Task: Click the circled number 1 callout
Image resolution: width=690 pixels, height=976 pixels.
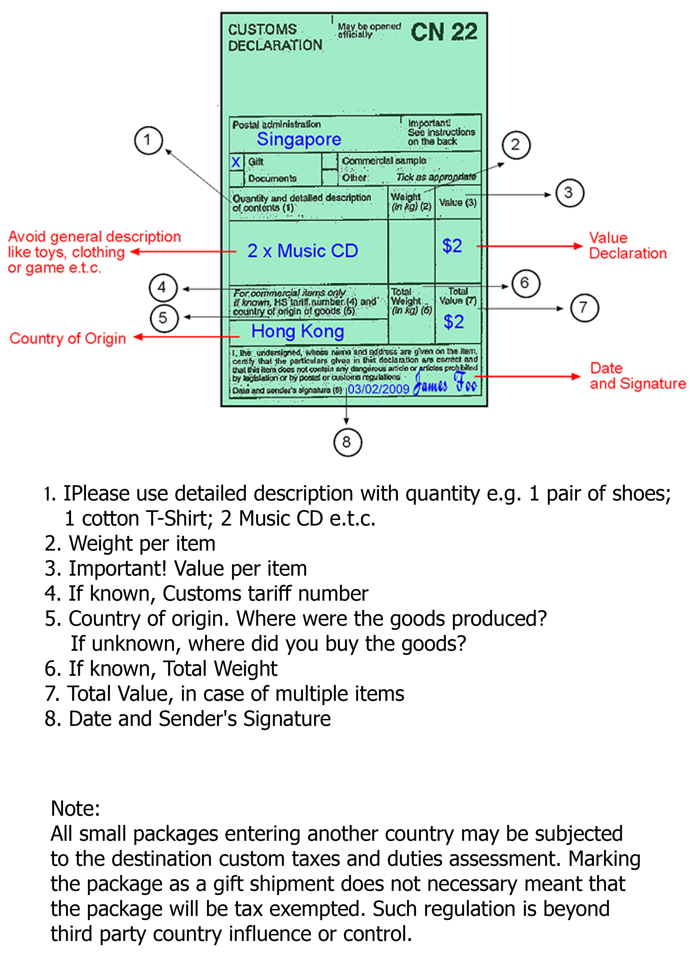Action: (148, 140)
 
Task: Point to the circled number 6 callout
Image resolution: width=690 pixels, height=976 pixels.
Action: (526, 284)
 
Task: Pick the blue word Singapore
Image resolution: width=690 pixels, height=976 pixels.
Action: (299, 139)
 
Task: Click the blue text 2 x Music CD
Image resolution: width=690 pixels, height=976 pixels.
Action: (303, 251)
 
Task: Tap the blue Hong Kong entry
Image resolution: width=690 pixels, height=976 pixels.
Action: (298, 331)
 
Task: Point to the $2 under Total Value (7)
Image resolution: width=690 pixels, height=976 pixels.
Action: (454, 322)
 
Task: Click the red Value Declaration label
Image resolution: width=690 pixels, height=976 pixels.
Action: (627, 246)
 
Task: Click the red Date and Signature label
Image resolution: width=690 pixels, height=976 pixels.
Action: (637, 376)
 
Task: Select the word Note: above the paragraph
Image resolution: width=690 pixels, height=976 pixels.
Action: (75, 808)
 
